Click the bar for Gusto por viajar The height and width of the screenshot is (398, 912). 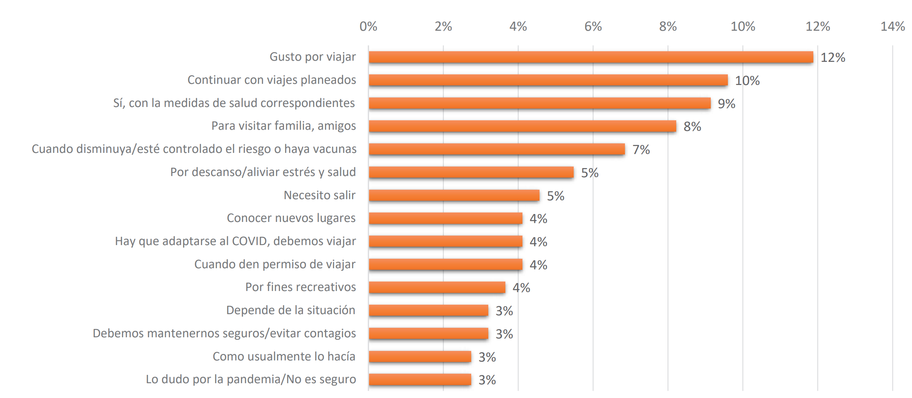(590, 57)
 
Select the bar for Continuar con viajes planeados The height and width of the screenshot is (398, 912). (548, 80)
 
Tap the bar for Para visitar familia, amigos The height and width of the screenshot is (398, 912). (522, 126)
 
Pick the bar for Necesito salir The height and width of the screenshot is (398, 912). (454, 195)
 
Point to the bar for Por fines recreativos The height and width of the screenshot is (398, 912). (437, 288)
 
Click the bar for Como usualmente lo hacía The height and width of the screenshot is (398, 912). (420, 357)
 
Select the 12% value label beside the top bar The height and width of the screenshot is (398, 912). (833, 58)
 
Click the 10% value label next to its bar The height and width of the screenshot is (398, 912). (747, 81)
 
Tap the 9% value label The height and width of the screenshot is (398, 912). (726, 104)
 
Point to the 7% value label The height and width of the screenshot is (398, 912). (641, 150)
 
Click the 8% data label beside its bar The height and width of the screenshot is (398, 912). (692, 127)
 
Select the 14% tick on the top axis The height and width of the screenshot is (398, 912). (892, 27)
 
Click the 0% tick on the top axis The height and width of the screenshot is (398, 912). (368, 27)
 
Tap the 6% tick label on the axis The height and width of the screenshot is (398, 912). (593, 27)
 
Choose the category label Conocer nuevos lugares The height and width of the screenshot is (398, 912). (291, 218)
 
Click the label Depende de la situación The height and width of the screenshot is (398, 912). (290, 310)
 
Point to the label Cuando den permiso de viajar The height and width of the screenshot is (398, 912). (275, 264)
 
